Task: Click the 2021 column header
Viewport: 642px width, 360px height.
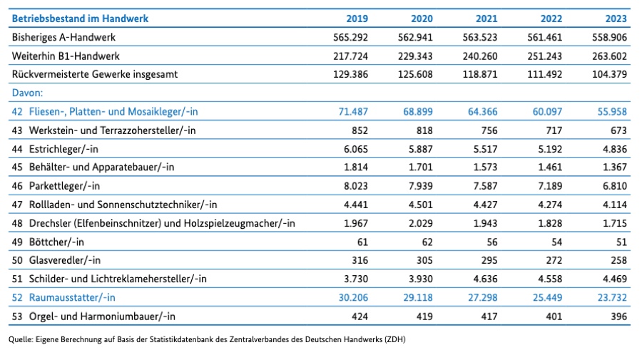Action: point(485,19)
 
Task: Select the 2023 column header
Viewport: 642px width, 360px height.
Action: point(615,19)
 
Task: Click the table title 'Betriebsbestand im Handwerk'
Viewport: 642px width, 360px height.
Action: point(80,19)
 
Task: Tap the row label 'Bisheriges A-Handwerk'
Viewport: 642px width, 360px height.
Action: point(63,37)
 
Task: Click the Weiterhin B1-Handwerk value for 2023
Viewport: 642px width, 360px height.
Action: point(610,56)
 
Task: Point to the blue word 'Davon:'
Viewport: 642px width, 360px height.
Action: point(28,93)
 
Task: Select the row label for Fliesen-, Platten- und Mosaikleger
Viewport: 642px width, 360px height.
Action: point(112,111)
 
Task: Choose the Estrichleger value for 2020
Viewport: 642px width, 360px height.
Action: point(418,149)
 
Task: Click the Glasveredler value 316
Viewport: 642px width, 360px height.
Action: point(358,260)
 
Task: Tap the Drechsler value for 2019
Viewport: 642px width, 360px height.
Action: point(354,223)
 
